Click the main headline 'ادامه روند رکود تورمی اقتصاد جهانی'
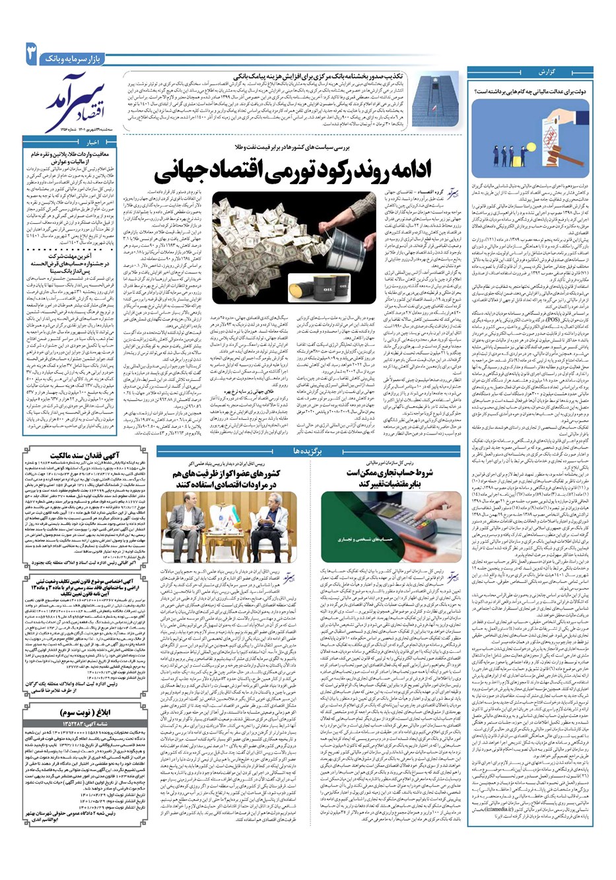(293, 171)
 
